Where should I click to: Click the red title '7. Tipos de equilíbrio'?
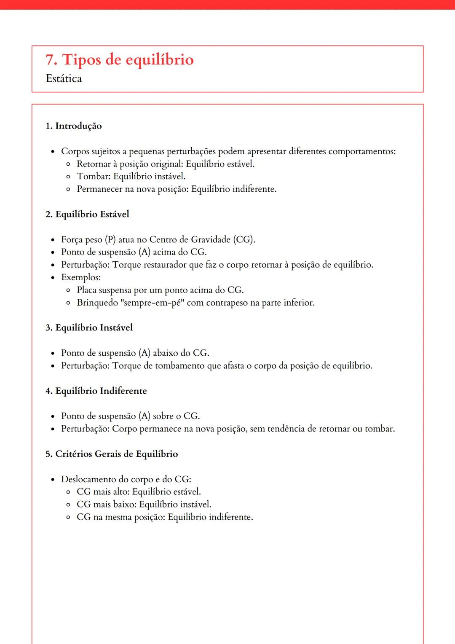120,60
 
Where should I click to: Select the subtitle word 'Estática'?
64,79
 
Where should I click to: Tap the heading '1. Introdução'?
74,126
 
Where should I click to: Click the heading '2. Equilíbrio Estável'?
87,214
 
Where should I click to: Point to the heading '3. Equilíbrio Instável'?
89,327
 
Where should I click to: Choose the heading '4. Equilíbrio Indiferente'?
96,391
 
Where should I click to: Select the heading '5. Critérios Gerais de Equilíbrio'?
112,454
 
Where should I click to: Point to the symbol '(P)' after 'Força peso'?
110,239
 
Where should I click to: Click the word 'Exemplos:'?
81,277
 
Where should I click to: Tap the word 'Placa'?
86,290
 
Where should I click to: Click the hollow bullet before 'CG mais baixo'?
68,504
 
